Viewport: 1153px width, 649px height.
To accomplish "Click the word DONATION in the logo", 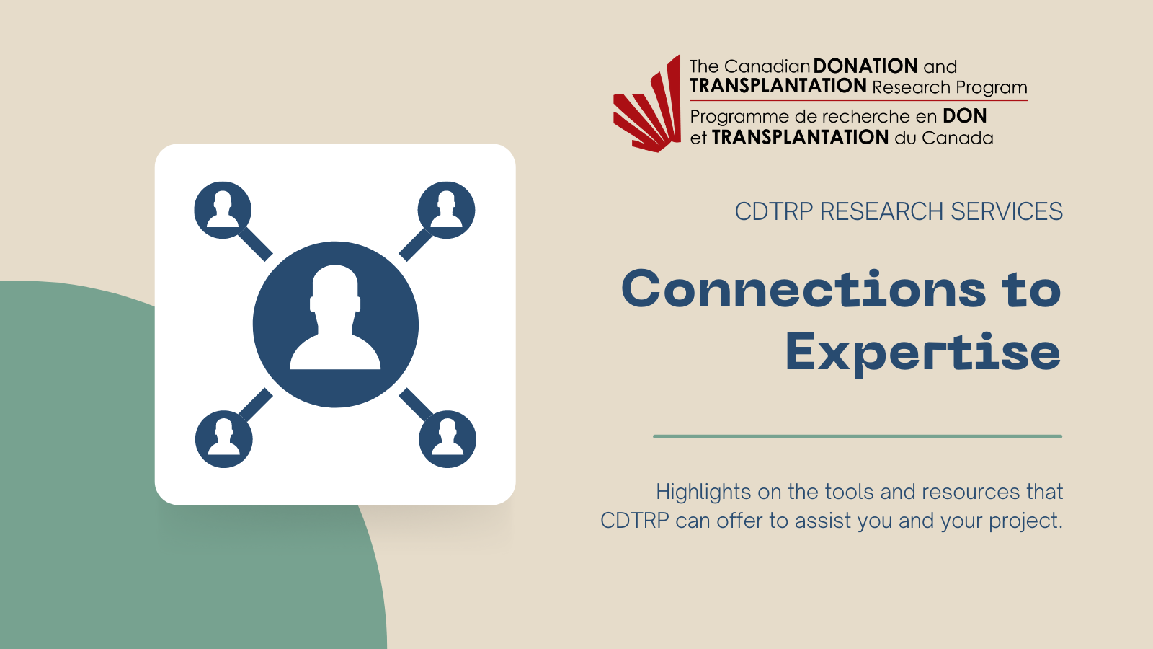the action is (x=865, y=66).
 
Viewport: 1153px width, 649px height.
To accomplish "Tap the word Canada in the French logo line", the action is (x=958, y=138).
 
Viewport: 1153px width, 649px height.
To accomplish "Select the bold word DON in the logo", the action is (x=965, y=116).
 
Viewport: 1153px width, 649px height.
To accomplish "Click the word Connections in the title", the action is (x=803, y=290).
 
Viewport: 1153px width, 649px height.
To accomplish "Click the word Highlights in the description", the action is (x=703, y=493).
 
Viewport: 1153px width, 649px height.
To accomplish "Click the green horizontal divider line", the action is (x=858, y=436).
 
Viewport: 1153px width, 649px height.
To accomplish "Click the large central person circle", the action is (x=336, y=324).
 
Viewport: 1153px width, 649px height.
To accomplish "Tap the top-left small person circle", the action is (x=223, y=210).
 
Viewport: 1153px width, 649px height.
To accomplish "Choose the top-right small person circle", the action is (x=446, y=210).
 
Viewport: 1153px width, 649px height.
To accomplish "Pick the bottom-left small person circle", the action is (x=224, y=439).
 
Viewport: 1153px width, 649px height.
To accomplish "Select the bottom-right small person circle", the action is (x=448, y=439).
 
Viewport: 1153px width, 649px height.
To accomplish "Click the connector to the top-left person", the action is (x=255, y=244).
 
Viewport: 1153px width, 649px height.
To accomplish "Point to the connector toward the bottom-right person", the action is (x=415, y=405).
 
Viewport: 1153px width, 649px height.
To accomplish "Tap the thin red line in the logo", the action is (x=858, y=100).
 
